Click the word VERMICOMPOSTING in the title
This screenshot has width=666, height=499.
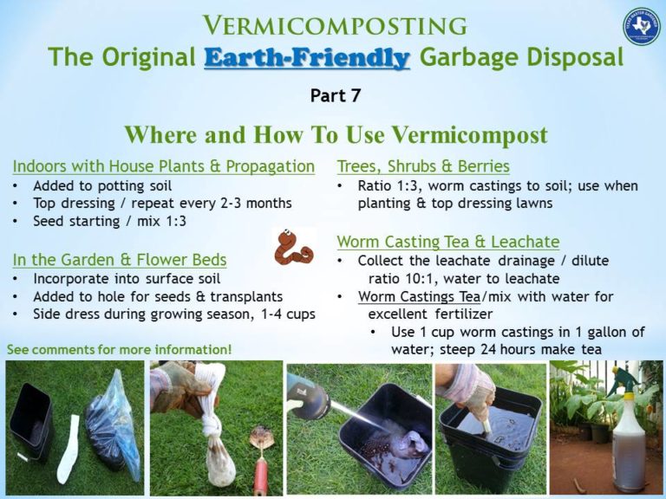tap(336, 26)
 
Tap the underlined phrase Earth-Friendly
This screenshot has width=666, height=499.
tap(307, 59)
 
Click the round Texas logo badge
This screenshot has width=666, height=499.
tap(641, 27)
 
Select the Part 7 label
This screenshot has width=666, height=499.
tap(335, 96)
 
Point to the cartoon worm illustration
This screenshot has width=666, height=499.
tap(295, 246)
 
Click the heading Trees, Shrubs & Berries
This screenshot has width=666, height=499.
tap(423, 165)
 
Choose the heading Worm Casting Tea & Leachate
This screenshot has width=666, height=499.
tap(447, 242)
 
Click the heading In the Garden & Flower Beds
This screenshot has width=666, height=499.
tap(120, 259)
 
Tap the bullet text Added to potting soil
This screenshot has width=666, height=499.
tap(102, 185)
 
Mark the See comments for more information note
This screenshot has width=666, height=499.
tap(120, 349)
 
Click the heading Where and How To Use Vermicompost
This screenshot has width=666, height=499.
tap(336, 135)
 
